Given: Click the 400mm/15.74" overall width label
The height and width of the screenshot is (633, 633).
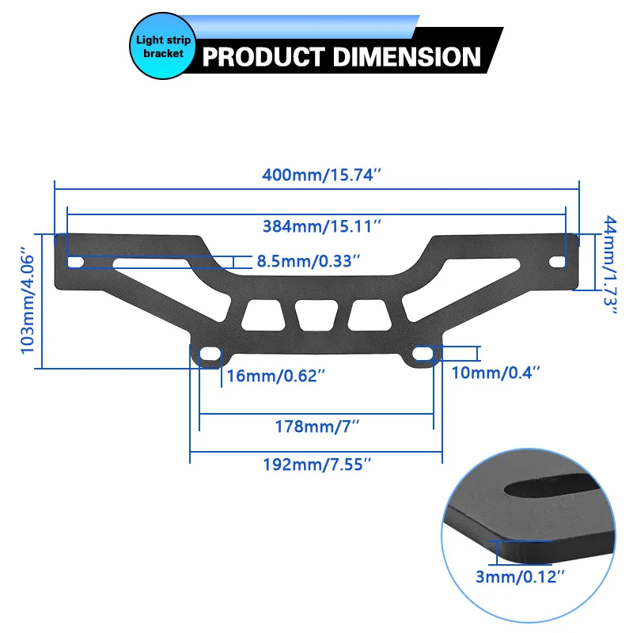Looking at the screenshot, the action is pos(321,175).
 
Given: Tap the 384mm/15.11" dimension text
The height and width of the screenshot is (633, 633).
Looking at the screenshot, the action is pos(322,226).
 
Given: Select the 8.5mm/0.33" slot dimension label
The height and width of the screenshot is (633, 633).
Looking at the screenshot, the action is pos(308,261).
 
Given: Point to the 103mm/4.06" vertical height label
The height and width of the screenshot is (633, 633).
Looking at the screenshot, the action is pos(28,301).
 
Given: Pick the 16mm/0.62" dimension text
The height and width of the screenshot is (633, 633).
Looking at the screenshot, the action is pos(275,376).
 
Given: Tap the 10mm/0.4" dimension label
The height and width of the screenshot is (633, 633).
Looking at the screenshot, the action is pos(495,373).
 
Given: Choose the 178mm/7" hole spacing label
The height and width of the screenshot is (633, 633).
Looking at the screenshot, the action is pos(317,426).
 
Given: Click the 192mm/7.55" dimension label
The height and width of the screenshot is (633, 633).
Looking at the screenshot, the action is pos(317,464).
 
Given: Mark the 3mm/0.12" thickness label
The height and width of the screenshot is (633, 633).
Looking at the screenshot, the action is pos(520,577).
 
